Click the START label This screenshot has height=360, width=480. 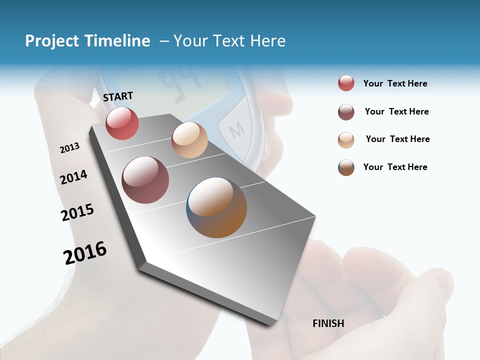(118, 96)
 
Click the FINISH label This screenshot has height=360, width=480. (328, 323)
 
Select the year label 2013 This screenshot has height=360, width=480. (69, 148)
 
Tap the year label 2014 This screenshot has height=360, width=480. (73, 177)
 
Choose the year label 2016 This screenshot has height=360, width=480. (85, 253)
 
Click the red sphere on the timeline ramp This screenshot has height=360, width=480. (122, 123)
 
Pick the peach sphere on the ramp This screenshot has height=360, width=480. (189, 140)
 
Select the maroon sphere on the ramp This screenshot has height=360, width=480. (145, 180)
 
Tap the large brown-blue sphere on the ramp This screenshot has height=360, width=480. (216, 207)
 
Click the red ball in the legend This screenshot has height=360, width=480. (346, 83)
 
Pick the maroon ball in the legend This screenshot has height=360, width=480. (346, 112)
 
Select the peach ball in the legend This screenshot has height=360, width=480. (346, 140)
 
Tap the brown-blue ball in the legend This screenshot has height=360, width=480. (346, 167)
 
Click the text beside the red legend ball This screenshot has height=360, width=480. (395, 84)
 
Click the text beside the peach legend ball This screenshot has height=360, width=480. (397, 139)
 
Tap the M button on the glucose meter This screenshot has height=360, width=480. (236, 130)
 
